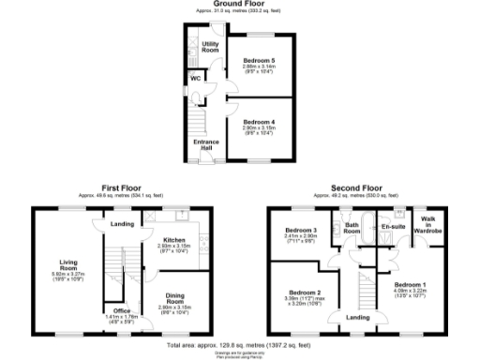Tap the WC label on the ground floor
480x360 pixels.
pos(196,78)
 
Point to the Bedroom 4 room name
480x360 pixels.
pos(258,121)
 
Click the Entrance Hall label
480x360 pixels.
pos(206,145)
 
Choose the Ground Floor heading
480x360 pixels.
pos(240,4)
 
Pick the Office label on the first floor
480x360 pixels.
pos(121,310)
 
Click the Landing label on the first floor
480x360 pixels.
pos(121,224)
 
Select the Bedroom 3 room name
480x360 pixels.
pos(300,230)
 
